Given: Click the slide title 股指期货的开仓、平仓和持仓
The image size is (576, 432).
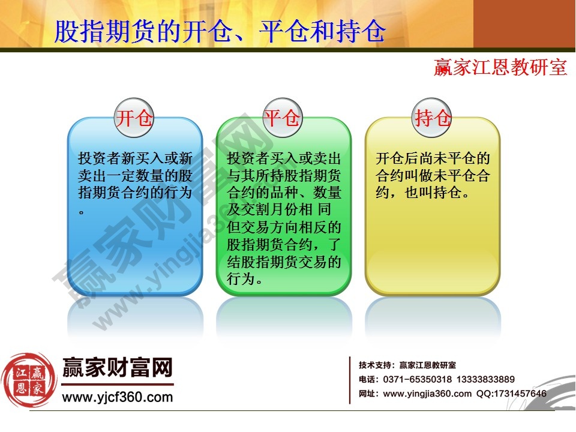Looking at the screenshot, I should pos(220,32).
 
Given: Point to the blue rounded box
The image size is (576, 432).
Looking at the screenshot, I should pos(135,240).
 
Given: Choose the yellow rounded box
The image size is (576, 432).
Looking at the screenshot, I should pos(433,240).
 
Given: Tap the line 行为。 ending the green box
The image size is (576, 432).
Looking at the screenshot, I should pos(245,280).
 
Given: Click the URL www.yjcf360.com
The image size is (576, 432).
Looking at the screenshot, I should pos(118,397).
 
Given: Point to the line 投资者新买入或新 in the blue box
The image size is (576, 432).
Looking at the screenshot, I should pos(135,159).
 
